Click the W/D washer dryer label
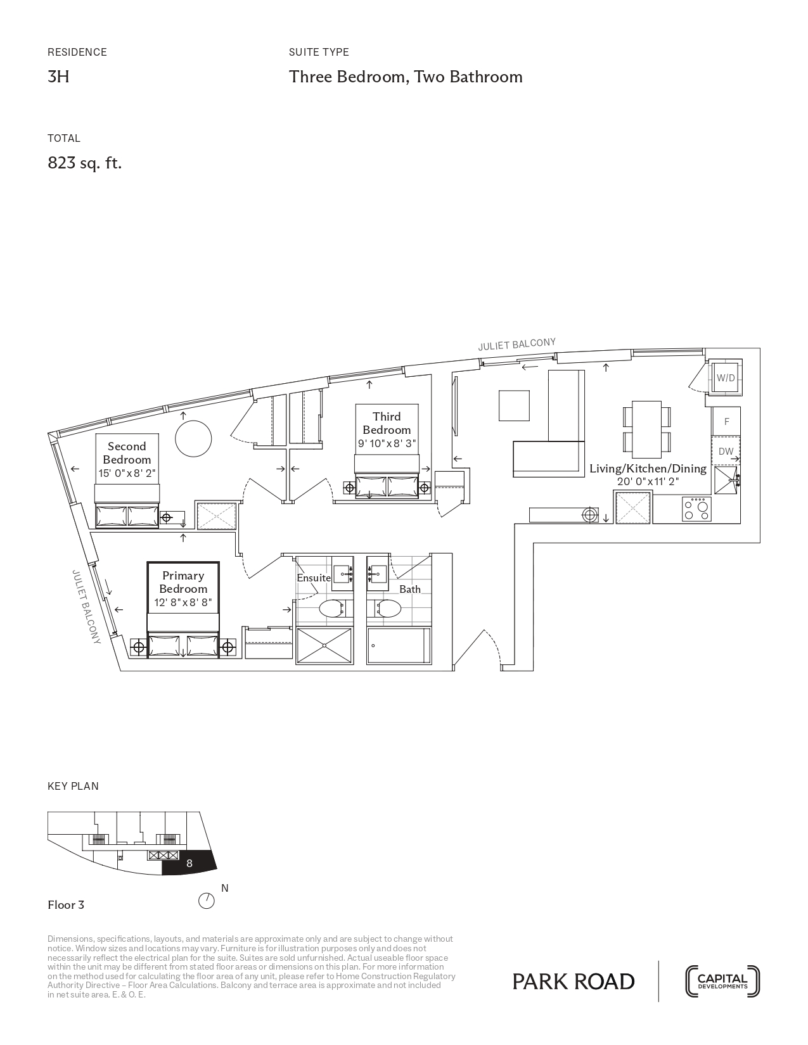pyautogui.click(x=725, y=378)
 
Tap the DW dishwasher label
pyautogui.click(x=726, y=452)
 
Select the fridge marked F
pyautogui.click(x=726, y=421)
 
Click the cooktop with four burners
pyautogui.click(x=696, y=509)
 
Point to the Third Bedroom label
pyautogui.click(x=387, y=423)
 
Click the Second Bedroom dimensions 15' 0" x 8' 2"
pyautogui.click(x=127, y=473)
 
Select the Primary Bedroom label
pyautogui.click(x=183, y=582)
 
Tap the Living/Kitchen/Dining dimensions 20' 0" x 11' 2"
pyautogui.click(x=648, y=482)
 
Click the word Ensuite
pyautogui.click(x=314, y=578)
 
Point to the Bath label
pyautogui.click(x=410, y=589)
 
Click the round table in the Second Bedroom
pyautogui.click(x=193, y=438)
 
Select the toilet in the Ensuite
pyautogui.click(x=333, y=609)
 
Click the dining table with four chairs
pyautogui.click(x=647, y=429)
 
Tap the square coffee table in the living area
pyautogui.click(x=514, y=405)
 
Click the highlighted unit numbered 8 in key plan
pyautogui.click(x=189, y=863)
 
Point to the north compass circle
pyautogui.click(x=207, y=901)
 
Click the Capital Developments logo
pyautogui.click(x=722, y=982)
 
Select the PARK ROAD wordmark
pyautogui.click(x=574, y=982)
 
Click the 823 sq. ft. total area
pyautogui.click(x=85, y=163)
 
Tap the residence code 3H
pyautogui.click(x=58, y=77)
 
